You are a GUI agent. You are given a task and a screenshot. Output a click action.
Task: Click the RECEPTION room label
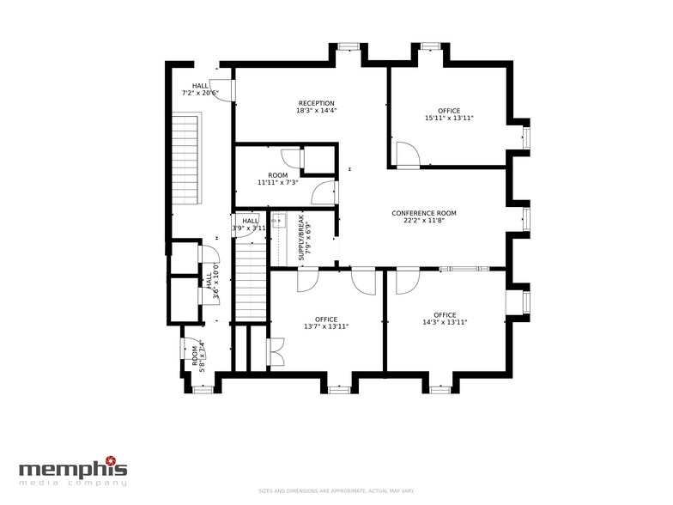[316, 103]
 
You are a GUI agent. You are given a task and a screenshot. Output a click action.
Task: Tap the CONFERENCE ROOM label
[423, 213]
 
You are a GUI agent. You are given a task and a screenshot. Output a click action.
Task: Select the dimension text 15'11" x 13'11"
[448, 119]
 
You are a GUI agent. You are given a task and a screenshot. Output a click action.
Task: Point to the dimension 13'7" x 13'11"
[325, 326]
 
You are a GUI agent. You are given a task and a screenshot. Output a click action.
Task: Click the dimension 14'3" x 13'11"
[444, 322]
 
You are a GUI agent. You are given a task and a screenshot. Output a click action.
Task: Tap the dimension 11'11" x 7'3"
[277, 182]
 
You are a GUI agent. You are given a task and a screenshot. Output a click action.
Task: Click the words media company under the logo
[73, 483]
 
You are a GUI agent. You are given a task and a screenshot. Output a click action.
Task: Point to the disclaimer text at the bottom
[337, 490]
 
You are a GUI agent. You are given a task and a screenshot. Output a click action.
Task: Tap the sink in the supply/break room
[277, 222]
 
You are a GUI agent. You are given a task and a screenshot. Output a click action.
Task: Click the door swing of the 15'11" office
[407, 155]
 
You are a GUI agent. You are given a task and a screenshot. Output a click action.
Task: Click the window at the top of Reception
[348, 46]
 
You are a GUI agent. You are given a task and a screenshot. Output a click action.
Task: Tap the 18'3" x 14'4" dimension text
[316, 111]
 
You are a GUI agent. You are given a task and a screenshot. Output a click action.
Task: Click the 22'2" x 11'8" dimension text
[423, 221]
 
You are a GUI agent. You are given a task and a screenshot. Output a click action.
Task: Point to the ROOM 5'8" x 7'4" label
[198, 355]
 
